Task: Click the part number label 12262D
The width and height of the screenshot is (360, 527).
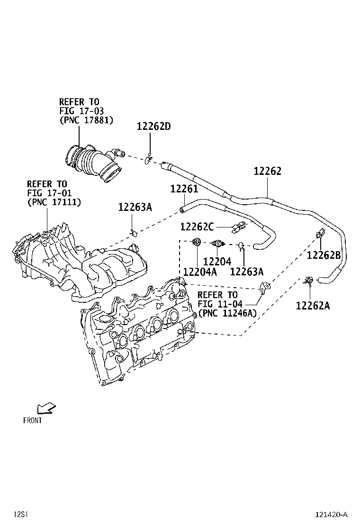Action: click(x=153, y=127)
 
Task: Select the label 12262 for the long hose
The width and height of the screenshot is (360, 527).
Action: click(x=267, y=171)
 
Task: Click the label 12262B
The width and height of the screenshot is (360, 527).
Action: click(x=324, y=255)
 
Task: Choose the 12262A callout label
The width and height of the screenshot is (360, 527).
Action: click(x=313, y=305)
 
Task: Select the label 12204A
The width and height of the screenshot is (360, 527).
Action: click(x=200, y=272)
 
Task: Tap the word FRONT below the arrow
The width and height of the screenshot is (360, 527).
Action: click(x=33, y=420)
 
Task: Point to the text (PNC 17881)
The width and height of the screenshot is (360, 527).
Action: click(x=86, y=120)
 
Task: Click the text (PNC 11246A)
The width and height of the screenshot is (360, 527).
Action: click(x=228, y=313)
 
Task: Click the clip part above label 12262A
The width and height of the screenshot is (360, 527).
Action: click(x=309, y=281)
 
